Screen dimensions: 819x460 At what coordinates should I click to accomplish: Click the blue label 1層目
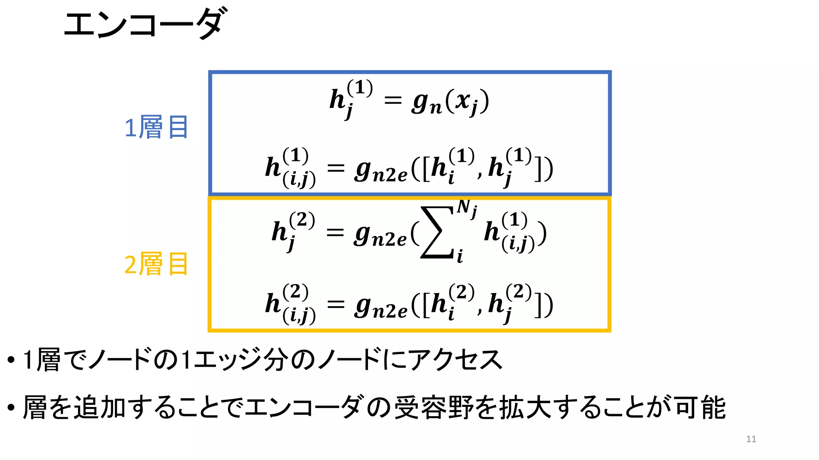click(156, 127)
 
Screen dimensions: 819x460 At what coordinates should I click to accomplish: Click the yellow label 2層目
click(156, 264)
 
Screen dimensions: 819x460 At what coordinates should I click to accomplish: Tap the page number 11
click(751, 439)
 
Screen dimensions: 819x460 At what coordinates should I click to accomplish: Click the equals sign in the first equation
click(392, 101)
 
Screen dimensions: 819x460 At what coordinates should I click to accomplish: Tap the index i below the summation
click(460, 256)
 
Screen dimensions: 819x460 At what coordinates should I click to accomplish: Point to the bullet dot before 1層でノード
click(11, 360)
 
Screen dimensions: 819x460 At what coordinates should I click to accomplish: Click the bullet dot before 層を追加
click(11, 408)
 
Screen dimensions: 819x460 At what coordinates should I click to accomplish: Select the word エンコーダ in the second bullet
click(304, 407)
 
